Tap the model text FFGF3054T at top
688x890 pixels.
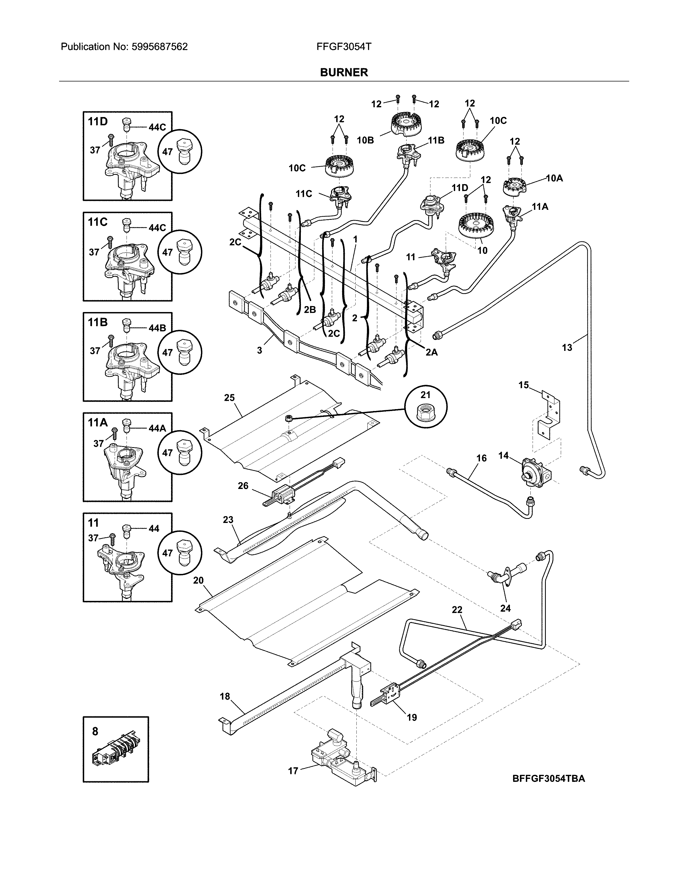[343, 47]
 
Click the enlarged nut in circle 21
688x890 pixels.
[425, 415]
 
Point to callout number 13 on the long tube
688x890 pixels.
[567, 348]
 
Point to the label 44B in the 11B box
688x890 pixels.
[157, 328]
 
